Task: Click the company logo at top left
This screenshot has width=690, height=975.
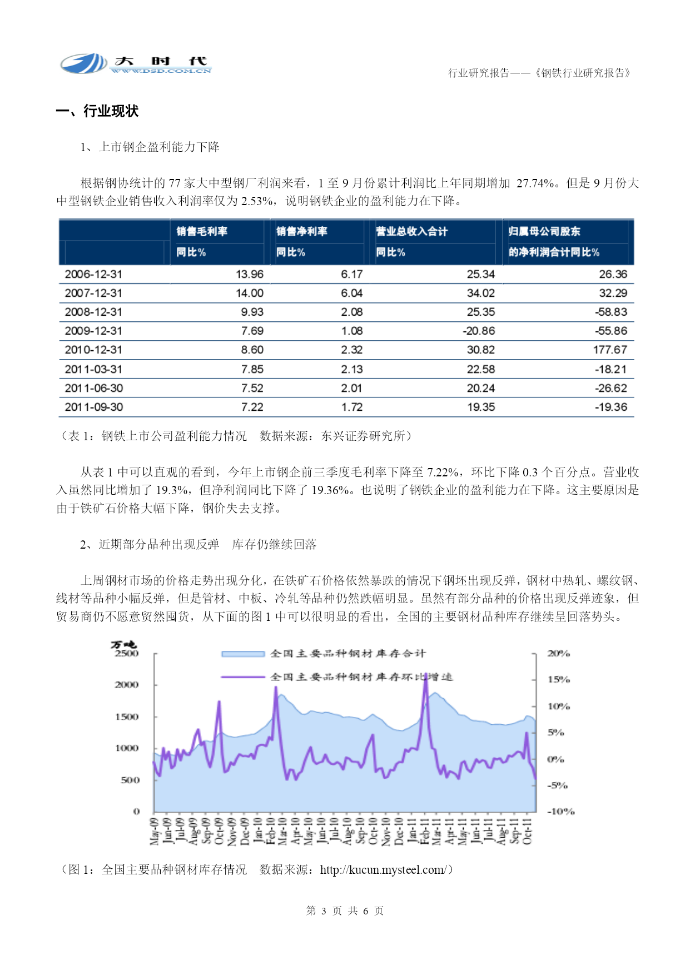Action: tap(136, 64)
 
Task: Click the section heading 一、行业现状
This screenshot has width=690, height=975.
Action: tap(97, 111)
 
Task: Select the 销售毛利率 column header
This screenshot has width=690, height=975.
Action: tap(202, 231)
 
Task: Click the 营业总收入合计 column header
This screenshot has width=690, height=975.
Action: tap(411, 231)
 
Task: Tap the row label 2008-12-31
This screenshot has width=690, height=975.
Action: tap(93, 312)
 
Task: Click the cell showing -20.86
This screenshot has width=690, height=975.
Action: tap(479, 331)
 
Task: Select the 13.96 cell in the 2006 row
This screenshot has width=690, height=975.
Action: tap(250, 274)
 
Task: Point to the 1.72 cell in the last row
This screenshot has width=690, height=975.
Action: tap(352, 407)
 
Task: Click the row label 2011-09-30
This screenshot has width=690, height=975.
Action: tap(93, 407)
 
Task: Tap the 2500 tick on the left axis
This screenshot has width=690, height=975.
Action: tap(127, 654)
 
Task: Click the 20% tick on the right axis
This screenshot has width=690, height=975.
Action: tap(559, 654)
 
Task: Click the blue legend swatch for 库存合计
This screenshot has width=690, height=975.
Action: tap(243, 654)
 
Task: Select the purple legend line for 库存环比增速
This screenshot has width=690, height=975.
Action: tap(243, 677)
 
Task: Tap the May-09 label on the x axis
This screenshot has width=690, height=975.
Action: tap(154, 831)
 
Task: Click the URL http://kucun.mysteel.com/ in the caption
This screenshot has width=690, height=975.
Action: tap(383, 869)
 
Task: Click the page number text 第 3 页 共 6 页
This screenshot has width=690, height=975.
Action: tap(345, 911)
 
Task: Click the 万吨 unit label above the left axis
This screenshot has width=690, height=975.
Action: tap(123, 645)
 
